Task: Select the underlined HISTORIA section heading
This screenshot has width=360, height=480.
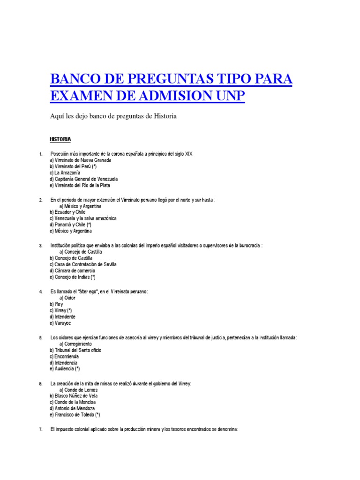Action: [60, 139]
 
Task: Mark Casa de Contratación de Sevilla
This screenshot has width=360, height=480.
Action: [83, 264]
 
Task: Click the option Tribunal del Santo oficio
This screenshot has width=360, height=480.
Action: [75, 350]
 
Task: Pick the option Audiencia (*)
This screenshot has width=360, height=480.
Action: [67, 369]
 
